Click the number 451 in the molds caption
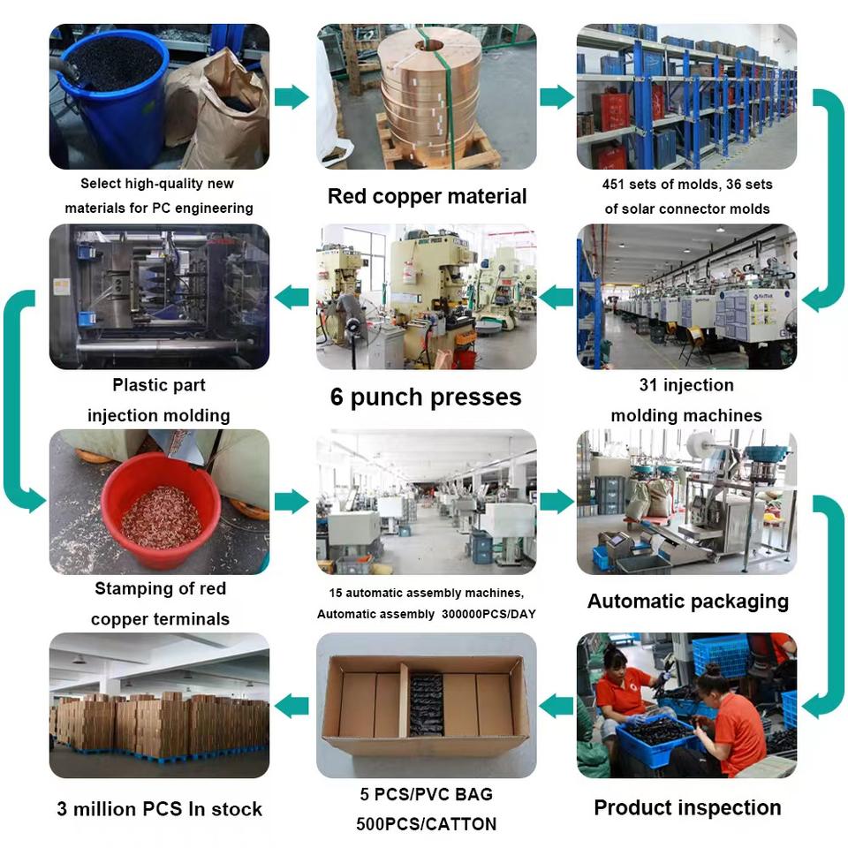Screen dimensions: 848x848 (x=613, y=185)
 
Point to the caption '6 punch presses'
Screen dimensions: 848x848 (x=426, y=397)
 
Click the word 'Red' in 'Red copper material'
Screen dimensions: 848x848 (x=347, y=196)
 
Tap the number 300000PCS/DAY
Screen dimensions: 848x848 (x=488, y=614)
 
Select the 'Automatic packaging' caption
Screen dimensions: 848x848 (x=687, y=602)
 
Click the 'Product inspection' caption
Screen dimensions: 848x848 (x=687, y=807)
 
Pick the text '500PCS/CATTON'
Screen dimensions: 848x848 (x=426, y=823)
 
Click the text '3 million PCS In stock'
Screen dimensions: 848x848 (x=159, y=809)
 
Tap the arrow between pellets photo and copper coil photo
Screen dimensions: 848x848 (x=292, y=97)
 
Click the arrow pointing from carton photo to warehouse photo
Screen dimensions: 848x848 (x=291, y=705)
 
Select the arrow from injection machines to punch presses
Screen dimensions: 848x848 (x=556, y=297)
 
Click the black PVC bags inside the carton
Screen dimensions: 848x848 (x=427, y=703)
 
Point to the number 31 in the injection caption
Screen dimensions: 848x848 (x=647, y=385)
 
